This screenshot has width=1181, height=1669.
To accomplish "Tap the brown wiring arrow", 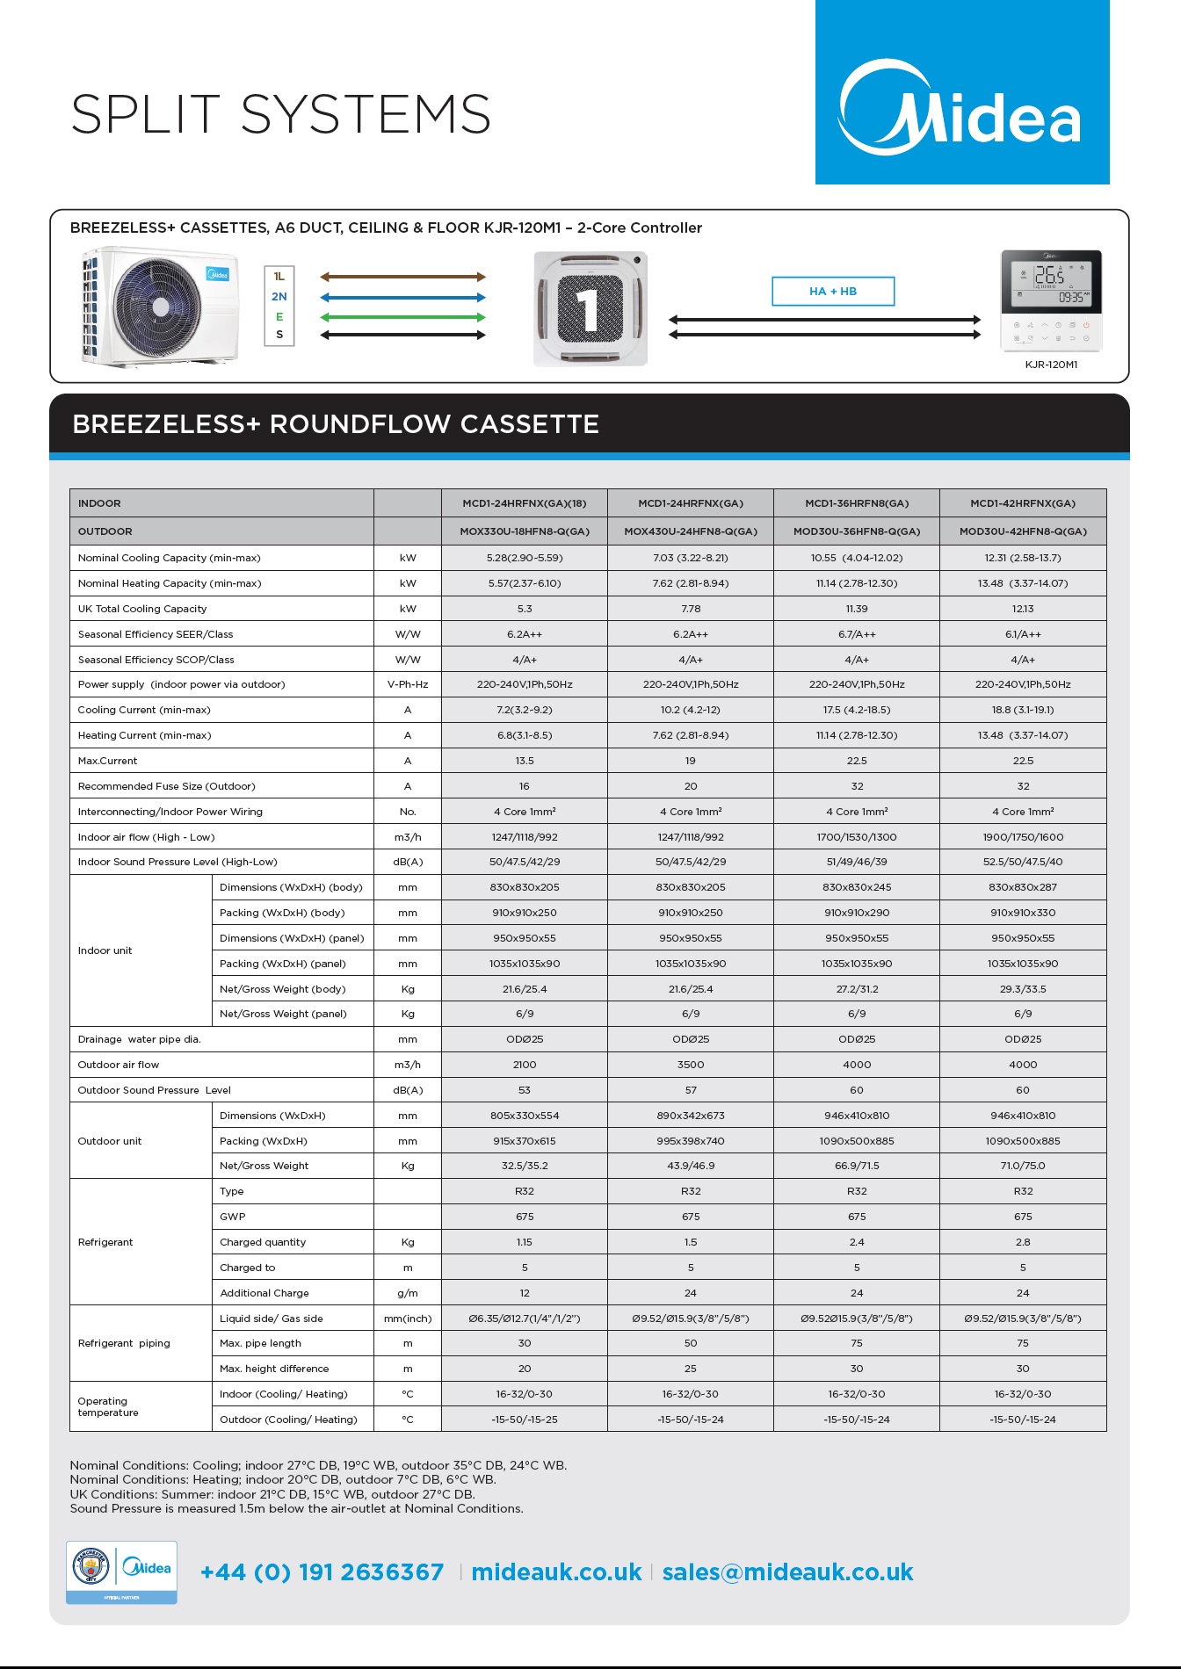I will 402,277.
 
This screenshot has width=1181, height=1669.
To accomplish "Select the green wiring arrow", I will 402,317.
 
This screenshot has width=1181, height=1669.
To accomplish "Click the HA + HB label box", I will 833,292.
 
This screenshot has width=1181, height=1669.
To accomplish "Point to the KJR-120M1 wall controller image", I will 1051,300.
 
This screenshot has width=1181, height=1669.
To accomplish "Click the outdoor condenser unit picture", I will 160,307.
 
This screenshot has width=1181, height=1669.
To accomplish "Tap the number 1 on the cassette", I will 589,308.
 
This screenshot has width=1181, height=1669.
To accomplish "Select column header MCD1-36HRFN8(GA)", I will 857,503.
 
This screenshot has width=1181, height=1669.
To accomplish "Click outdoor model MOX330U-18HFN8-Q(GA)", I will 525,531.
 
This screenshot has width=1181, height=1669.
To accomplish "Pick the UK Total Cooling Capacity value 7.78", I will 691,609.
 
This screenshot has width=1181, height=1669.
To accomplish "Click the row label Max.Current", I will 108,761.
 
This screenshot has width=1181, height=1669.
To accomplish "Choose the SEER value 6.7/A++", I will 857,634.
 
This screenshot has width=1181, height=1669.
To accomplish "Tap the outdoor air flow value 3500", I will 691,1065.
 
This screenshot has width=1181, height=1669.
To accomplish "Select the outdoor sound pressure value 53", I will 525,1090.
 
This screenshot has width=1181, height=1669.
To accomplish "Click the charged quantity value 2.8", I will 1023,1242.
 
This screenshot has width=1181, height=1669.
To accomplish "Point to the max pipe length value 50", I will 691,1343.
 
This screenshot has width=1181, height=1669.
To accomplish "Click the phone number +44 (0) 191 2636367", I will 322,1572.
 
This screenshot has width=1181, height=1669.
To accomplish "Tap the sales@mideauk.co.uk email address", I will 787,1572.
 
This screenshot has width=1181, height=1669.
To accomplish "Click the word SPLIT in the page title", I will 146,114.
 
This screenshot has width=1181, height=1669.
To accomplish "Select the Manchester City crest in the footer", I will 91,1567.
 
